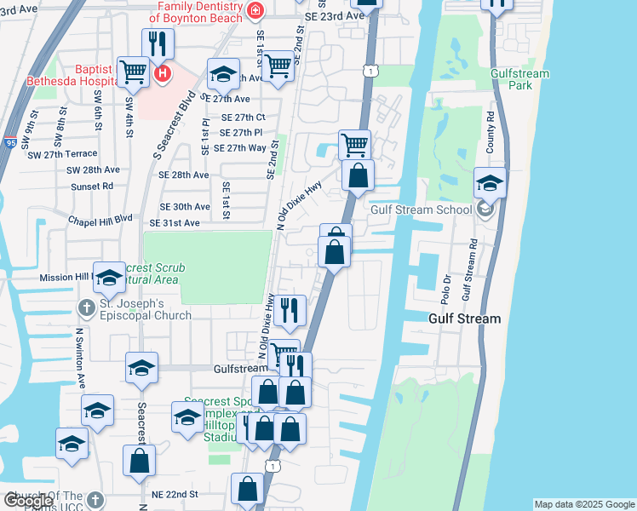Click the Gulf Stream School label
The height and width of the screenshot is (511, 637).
tap(421, 210)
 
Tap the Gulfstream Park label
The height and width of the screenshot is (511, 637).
tap(520, 79)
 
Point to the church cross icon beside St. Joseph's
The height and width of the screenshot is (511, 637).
tap(86, 307)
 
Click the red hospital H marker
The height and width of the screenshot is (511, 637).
tap(163, 74)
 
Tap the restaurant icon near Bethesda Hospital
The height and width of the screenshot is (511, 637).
tap(158, 44)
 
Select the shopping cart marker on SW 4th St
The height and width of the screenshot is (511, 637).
tap(134, 72)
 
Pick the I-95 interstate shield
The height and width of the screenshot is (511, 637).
tap(10, 142)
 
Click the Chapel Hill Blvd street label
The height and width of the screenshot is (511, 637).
tap(101, 218)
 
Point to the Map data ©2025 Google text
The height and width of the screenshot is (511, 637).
tap(583, 504)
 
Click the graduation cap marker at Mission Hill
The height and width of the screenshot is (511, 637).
tap(109, 278)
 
